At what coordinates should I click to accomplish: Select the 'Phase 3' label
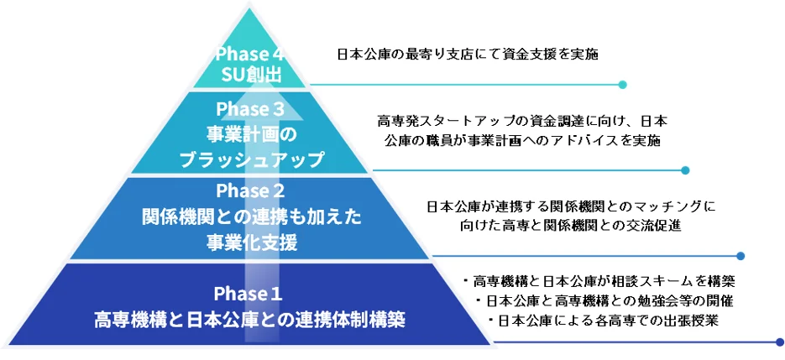click(x=249, y=108)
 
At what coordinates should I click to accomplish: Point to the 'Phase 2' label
click(x=249, y=190)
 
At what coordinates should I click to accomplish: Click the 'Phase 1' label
click(x=248, y=294)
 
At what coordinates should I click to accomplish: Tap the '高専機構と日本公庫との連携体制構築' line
click(x=249, y=320)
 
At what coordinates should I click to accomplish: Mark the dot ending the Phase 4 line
click(x=622, y=85)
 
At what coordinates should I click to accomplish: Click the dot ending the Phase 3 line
click(x=685, y=170)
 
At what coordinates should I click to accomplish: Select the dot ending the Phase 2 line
click(x=741, y=256)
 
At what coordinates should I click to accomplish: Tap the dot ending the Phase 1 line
click(x=779, y=342)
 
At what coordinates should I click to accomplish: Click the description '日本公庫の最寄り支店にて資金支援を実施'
click(x=468, y=54)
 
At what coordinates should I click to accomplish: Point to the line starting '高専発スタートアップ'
click(x=522, y=122)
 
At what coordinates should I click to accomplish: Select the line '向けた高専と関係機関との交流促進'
click(x=571, y=225)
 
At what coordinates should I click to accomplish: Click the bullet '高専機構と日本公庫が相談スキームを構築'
click(x=599, y=281)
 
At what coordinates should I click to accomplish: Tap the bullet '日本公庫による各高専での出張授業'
click(x=604, y=321)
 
